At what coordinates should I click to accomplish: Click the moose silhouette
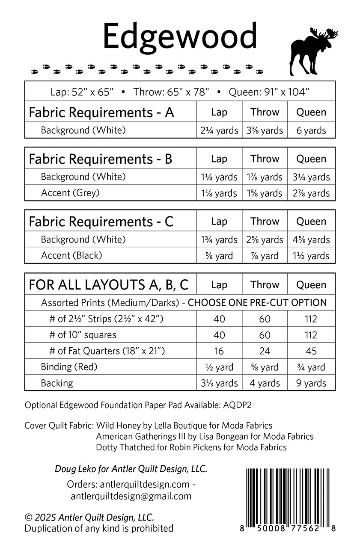click(312, 51)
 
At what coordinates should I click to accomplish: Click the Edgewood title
click(180, 36)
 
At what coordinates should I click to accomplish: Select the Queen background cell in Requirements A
click(311, 130)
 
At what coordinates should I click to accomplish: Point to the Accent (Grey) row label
click(70, 193)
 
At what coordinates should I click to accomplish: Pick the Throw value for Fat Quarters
click(265, 351)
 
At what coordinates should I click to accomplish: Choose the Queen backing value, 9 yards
click(311, 383)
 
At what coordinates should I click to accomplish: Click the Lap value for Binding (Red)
click(219, 367)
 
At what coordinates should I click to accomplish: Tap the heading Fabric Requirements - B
click(100, 159)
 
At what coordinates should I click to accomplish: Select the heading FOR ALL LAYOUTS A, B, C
click(108, 285)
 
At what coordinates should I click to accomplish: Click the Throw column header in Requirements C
click(265, 222)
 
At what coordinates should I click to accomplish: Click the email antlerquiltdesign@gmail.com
click(131, 496)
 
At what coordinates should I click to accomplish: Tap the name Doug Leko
click(71, 469)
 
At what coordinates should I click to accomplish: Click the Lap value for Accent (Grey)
click(219, 193)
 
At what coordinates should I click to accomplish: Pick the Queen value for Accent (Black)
click(311, 256)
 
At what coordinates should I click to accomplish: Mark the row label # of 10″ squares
click(83, 335)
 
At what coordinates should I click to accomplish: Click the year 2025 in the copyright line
click(45, 518)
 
